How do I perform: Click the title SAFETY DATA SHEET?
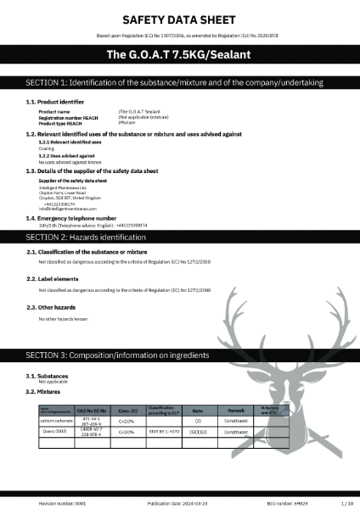pos(180,18)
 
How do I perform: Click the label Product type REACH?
pos(60,122)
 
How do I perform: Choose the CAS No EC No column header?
pos(91,410)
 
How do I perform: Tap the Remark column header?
pos(235,410)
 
